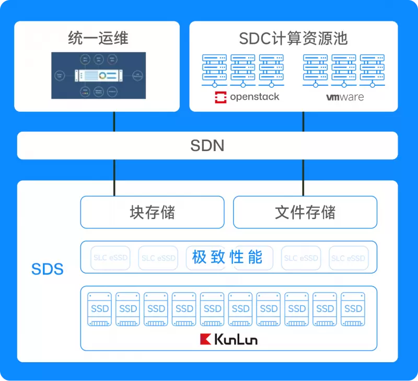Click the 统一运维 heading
[x=98, y=38]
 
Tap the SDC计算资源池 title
[x=293, y=38]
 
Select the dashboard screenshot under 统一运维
[x=98, y=75]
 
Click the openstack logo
[x=247, y=97]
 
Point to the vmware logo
[x=345, y=97]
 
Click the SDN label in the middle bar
[x=207, y=145]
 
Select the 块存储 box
[x=152, y=212]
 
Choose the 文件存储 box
[x=305, y=212]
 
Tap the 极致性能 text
[x=227, y=257]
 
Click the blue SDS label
[x=48, y=269]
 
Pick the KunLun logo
[x=229, y=339]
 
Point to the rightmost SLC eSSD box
[x=349, y=258]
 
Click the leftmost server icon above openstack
[x=214, y=70]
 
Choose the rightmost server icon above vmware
[x=372, y=70]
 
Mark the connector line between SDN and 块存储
[x=114, y=178]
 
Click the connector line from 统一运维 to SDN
[x=114, y=122]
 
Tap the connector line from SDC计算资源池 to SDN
[x=304, y=122]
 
